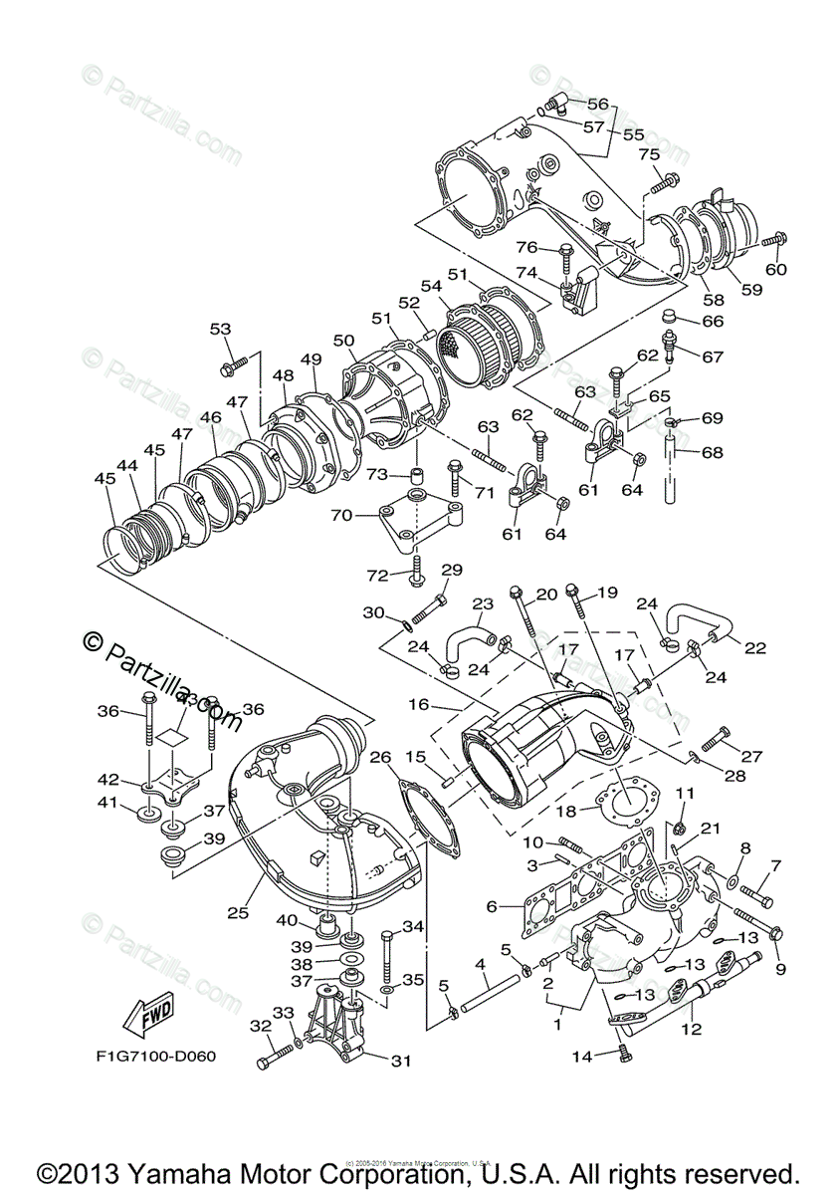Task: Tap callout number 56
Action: click(597, 104)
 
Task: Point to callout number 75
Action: click(649, 154)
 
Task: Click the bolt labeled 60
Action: click(773, 240)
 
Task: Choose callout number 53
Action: click(220, 329)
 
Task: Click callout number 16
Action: click(417, 703)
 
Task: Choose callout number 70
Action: click(340, 516)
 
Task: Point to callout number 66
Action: click(713, 321)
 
